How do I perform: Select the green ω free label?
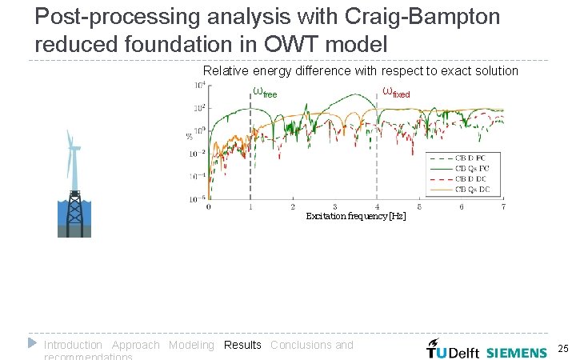pyautogui.click(x=265, y=92)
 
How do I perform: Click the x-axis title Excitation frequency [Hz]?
pyautogui.click(x=355, y=216)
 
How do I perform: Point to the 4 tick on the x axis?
pyautogui.click(x=377, y=206)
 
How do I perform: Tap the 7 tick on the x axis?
pyautogui.click(x=503, y=206)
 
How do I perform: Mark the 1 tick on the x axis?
pyautogui.click(x=250, y=206)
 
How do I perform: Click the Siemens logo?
pyautogui.click(x=516, y=352)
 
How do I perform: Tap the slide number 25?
pyautogui.click(x=562, y=350)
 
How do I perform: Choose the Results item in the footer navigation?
pyautogui.click(x=242, y=345)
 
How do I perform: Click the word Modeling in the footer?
pyautogui.click(x=191, y=345)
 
